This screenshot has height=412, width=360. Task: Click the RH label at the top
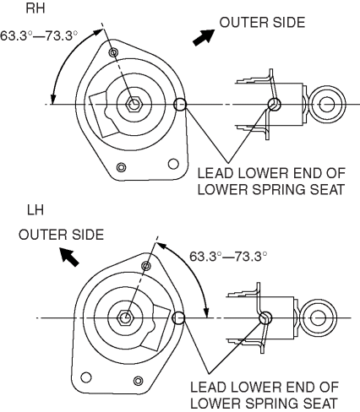(35, 8)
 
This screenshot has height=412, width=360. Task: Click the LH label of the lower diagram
(35, 210)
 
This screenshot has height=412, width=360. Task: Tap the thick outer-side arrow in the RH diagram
(204, 37)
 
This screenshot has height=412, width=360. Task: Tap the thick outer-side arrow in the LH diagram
(69, 257)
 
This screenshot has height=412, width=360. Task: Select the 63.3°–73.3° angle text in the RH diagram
(39, 36)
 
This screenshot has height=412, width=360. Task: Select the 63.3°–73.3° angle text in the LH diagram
(228, 257)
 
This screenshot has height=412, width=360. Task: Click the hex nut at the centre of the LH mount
(125, 317)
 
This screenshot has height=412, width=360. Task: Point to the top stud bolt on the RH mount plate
(113, 52)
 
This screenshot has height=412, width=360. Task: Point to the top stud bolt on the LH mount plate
(146, 265)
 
